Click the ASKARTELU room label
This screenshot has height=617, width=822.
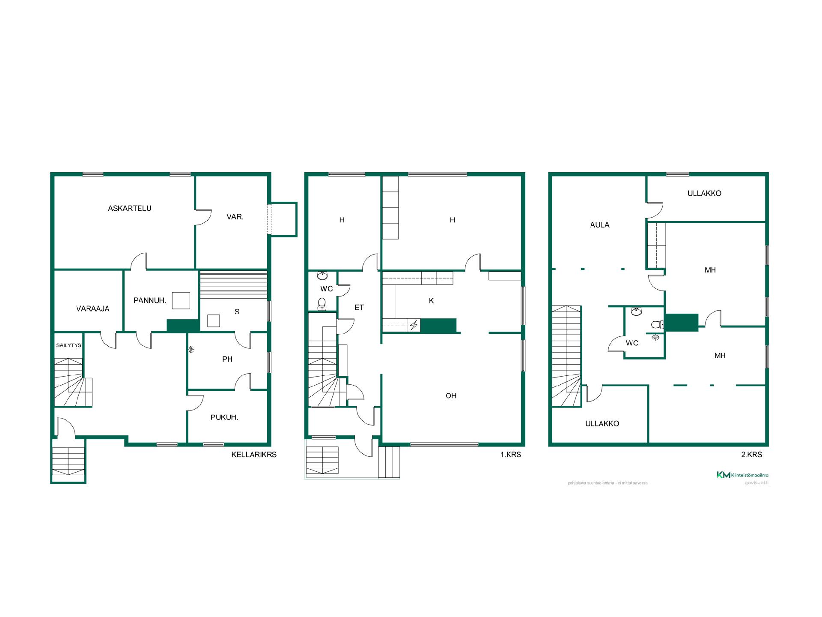click(x=129, y=208)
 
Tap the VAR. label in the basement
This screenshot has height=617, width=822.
click(x=235, y=217)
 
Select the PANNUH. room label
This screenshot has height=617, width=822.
click(x=150, y=300)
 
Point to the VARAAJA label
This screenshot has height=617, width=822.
click(x=93, y=308)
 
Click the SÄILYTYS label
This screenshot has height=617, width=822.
click(x=68, y=345)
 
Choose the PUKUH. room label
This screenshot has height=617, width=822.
click(x=224, y=417)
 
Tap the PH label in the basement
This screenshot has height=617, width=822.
click(x=227, y=359)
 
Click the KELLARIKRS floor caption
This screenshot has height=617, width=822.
click(x=254, y=455)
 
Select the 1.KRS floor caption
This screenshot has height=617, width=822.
click(x=511, y=455)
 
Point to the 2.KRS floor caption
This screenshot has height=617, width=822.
click(x=752, y=455)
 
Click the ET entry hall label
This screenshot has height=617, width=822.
click(x=359, y=307)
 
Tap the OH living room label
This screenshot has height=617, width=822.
click(x=451, y=395)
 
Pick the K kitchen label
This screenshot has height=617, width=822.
click(x=432, y=301)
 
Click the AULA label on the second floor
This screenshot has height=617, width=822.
click(x=600, y=225)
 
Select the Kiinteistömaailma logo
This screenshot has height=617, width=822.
click(x=742, y=475)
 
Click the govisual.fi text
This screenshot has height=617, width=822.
click(x=756, y=483)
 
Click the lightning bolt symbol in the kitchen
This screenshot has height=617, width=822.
click(x=414, y=326)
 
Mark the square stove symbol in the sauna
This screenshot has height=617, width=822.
click(x=213, y=321)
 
